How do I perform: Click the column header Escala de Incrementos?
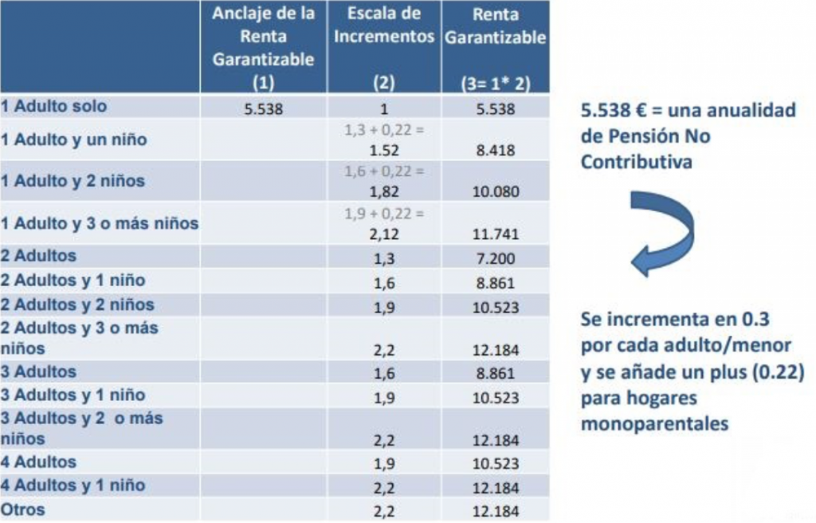pyautogui.click(x=384, y=25)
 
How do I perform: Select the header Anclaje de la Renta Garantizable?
pyautogui.click(x=263, y=37)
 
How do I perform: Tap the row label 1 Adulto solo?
pyautogui.click(x=53, y=106)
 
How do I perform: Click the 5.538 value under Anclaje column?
pyautogui.click(x=263, y=109)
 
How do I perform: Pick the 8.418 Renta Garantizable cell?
pyautogui.click(x=496, y=151)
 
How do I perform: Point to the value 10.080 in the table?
pyautogui.click(x=496, y=191)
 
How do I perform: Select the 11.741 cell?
pyautogui.click(x=496, y=234)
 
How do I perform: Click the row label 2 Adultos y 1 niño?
pyautogui.click(x=73, y=281)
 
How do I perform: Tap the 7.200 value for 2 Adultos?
pyautogui.click(x=496, y=258)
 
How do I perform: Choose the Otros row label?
pyautogui.click(x=23, y=509)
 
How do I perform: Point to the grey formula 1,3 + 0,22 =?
pyautogui.click(x=384, y=130)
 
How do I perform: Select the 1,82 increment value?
pyautogui.click(x=384, y=191)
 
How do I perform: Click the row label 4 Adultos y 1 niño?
pyautogui.click(x=73, y=486)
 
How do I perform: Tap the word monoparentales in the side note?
pyautogui.click(x=655, y=424)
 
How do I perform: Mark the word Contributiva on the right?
pyautogui.click(x=637, y=162)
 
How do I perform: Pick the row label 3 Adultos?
pyautogui.click(x=39, y=372)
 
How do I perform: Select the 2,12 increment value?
pyautogui.click(x=384, y=234)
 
